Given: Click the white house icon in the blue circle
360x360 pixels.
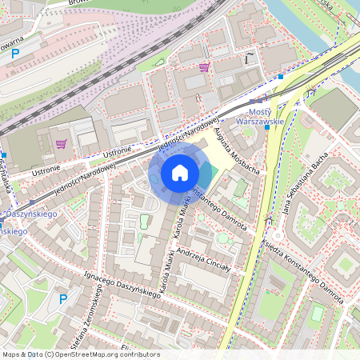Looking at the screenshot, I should [180, 173].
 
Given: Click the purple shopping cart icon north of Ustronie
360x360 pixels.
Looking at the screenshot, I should [61, 144].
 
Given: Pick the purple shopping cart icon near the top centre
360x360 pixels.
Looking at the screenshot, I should [205, 67].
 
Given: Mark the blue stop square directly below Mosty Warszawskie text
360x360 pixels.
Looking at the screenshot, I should [266, 127].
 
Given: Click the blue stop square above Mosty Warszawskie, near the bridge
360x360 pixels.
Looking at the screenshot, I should [281, 77].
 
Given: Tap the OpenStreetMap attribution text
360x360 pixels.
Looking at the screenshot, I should [80, 354].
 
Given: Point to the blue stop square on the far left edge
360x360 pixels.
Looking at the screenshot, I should [4, 155].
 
